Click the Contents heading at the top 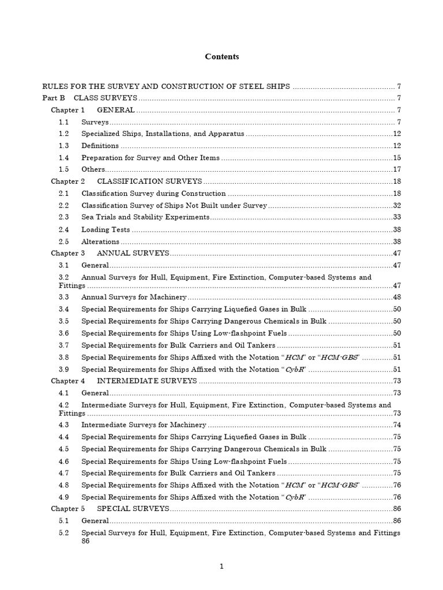[222, 56]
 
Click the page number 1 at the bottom [221, 567]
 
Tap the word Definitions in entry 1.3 [100, 146]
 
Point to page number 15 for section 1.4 [397, 158]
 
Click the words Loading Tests [106, 229]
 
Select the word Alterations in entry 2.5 [101, 241]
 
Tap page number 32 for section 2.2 [397, 206]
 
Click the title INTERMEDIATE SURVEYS [147, 381]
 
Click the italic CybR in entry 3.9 [295, 369]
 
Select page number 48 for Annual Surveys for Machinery [397, 297]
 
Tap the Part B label [51, 98]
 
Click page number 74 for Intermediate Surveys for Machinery [397, 425]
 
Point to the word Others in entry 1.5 [93, 169]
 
